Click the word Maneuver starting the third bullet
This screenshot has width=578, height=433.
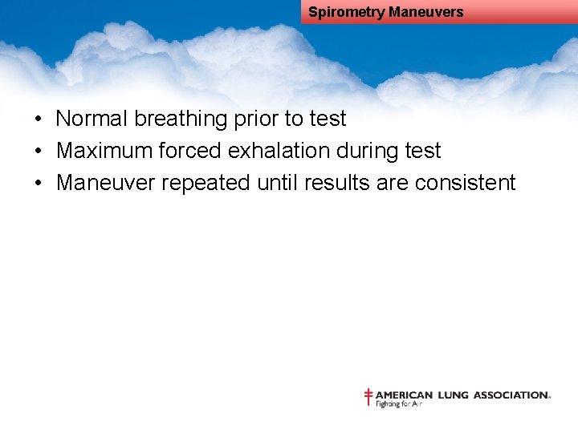pyautogui.click(x=106, y=183)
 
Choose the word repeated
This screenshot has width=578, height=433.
pyautogui.click(x=206, y=184)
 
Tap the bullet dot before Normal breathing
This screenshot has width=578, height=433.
pyautogui.click(x=39, y=119)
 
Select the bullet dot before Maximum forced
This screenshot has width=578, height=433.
pyautogui.click(x=39, y=152)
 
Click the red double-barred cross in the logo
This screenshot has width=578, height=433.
pyautogui.click(x=368, y=397)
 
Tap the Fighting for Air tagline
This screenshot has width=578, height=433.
pyautogui.click(x=399, y=404)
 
